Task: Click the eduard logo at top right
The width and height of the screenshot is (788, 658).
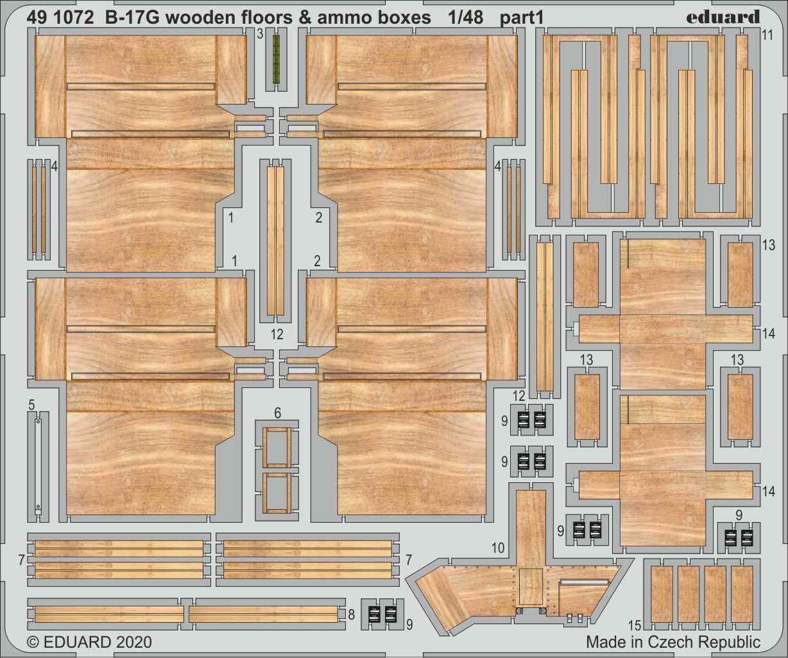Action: pyautogui.click(x=723, y=17)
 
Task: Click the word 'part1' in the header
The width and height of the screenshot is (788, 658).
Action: pyautogui.click(x=522, y=18)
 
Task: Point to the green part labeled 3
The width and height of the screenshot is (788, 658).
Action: pyautogui.click(x=277, y=60)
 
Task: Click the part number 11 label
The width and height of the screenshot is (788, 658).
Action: pyautogui.click(x=768, y=36)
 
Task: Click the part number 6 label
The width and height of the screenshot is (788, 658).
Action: pyautogui.click(x=277, y=412)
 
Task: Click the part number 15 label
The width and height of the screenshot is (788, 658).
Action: pyautogui.click(x=635, y=625)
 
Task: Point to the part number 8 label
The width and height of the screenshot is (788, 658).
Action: pyautogui.click(x=351, y=614)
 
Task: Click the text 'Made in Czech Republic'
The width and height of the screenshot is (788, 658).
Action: pyautogui.click(x=673, y=642)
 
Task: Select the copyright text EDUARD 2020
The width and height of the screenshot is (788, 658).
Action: pyautogui.click(x=90, y=642)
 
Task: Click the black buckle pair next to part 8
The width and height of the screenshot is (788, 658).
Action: pyautogui.click(x=382, y=614)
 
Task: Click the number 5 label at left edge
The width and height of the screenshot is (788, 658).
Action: pyautogui.click(x=31, y=405)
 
